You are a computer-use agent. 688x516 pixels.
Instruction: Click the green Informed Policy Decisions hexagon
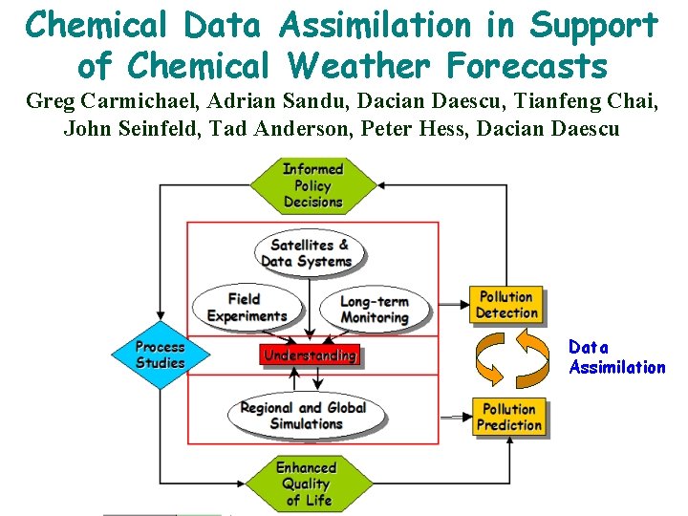[x=312, y=185]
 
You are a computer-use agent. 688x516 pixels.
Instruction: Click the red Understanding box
[x=310, y=355]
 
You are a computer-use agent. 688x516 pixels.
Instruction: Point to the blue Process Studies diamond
[x=160, y=354]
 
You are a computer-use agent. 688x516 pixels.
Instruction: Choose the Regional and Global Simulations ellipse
[x=305, y=415]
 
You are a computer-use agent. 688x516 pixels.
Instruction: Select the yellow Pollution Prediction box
[x=509, y=417]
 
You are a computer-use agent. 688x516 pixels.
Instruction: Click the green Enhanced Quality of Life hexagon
[x=307, y=483]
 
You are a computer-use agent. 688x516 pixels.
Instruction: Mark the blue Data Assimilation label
[x=616, y=357]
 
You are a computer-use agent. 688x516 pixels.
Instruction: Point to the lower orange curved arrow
[x=493, y=364]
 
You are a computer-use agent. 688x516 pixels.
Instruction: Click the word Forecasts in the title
[x=511, y=66]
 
